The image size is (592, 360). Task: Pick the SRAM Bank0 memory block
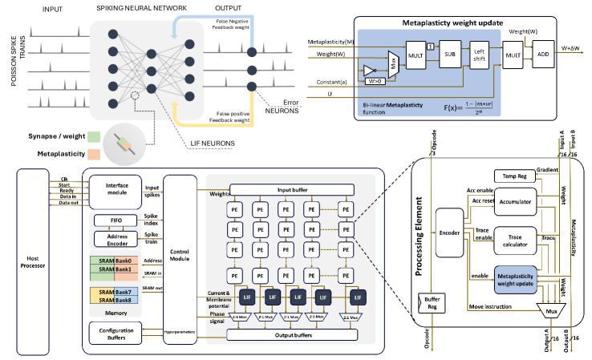click(112, 261)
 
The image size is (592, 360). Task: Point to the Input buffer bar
click(292, 191)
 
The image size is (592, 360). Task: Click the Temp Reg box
click(519, 175)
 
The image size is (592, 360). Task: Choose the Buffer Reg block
click(432, 303)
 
